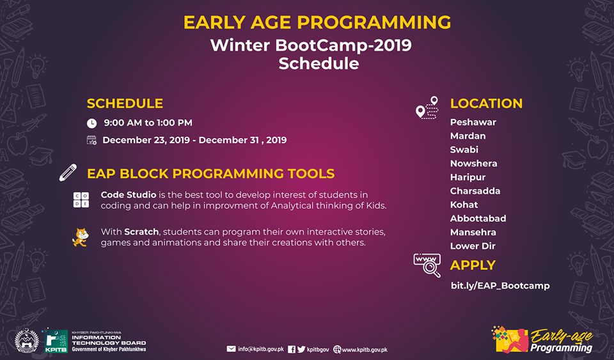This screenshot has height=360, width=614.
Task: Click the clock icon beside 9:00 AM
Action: point(91,123)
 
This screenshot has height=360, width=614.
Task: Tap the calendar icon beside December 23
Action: point(91,140)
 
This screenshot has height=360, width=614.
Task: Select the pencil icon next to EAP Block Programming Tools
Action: point(68,173)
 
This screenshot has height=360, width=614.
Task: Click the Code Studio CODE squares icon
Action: point(81,200)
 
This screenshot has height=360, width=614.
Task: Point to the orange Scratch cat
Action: point(81,237)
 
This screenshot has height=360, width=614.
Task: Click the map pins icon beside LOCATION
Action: point(427,107)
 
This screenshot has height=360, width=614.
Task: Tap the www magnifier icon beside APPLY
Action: point(427,265)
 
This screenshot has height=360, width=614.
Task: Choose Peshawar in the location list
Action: point(473,122)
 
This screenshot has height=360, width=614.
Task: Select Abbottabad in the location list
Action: point(478,218)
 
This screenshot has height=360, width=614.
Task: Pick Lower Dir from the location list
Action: point(473,246)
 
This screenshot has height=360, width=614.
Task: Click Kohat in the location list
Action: point(464,205)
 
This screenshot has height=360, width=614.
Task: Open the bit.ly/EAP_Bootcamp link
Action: point(500,286)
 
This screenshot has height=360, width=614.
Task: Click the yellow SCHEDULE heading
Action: point(125,104)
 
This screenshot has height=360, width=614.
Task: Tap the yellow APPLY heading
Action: point(473,265)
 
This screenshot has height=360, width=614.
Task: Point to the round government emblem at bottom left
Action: point(27,340)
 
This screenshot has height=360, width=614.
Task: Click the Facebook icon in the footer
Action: point(292,349)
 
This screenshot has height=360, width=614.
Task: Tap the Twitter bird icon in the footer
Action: point(301,349)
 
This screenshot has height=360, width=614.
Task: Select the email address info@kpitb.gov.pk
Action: point(261,349)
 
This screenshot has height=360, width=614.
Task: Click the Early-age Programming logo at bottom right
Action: point(542,340)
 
